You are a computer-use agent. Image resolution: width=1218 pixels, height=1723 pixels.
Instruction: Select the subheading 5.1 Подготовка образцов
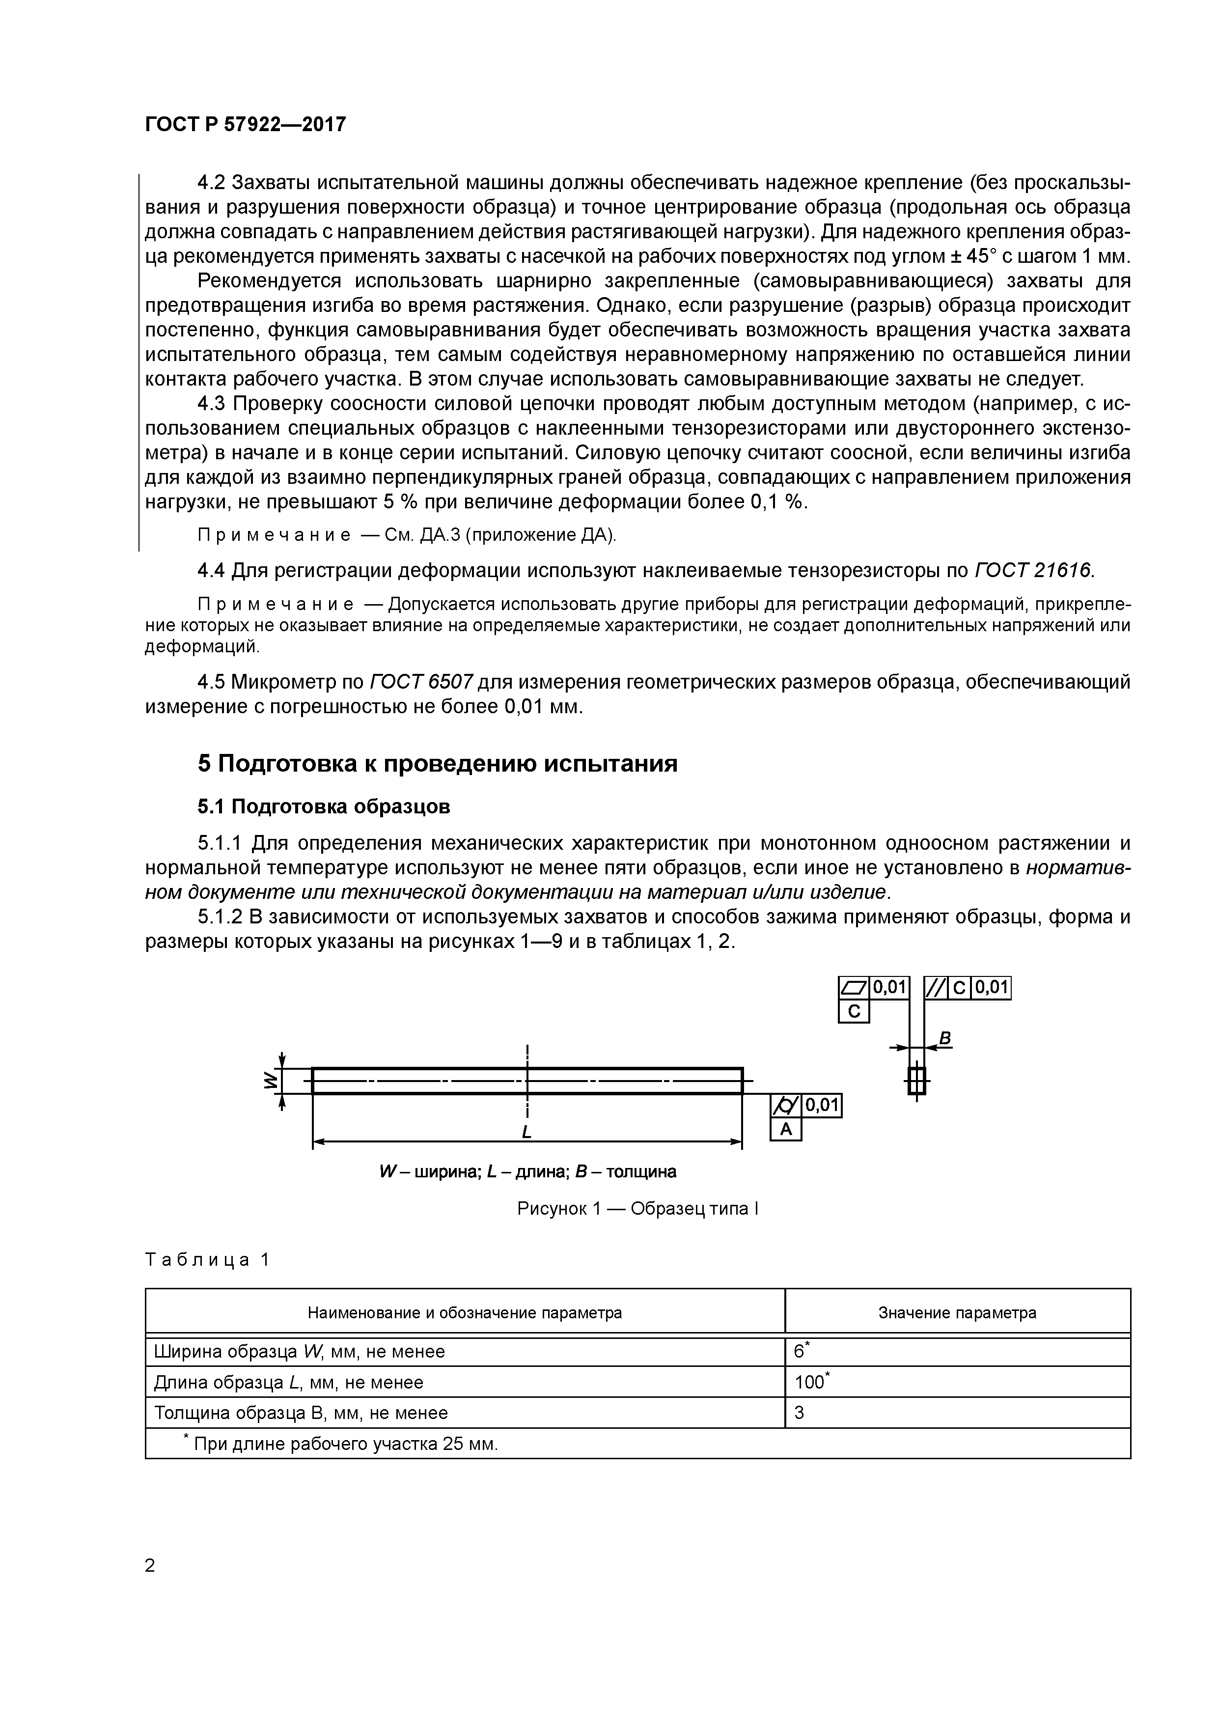pyautogui.click(x=324, y=806)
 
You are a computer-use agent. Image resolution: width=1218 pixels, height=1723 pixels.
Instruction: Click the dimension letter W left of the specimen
pyautogui.click(x=268, y=1081)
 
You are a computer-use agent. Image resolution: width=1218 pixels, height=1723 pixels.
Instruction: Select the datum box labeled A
pyautogui.click(x=786, y=1129)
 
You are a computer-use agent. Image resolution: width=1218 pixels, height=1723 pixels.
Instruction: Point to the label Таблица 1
pyautogui.click(x=206, y=1260)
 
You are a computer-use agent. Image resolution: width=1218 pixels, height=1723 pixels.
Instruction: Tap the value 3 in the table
pyautogui.click(x=799, y=1413)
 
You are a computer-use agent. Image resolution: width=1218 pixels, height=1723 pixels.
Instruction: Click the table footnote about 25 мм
pyautogui.click(x=341, y=1445)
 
